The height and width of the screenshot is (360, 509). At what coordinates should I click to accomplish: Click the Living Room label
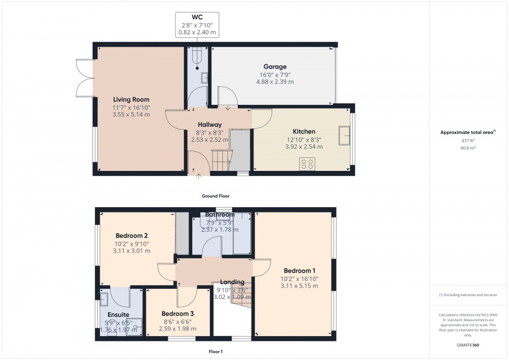point(131,99)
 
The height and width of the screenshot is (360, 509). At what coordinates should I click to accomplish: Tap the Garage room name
point(275,66)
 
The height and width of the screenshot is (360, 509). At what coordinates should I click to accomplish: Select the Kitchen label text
point(304,131)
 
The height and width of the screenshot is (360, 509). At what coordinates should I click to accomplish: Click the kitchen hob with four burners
point(306,164)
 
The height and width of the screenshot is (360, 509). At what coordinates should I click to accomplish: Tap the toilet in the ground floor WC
point(197,58)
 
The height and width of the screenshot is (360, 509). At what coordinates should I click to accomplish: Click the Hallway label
point(210,125)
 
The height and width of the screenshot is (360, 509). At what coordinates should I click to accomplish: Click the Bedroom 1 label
point(299,271)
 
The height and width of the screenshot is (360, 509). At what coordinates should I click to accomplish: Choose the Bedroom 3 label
point(178,313)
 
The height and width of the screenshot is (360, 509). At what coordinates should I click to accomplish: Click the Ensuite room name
point(118,314)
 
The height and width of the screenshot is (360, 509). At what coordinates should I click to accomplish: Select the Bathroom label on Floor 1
point(220,215)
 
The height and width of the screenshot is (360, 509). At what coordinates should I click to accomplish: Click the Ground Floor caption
point(216,196)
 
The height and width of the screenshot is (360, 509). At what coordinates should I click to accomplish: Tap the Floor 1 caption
point(215,352)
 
